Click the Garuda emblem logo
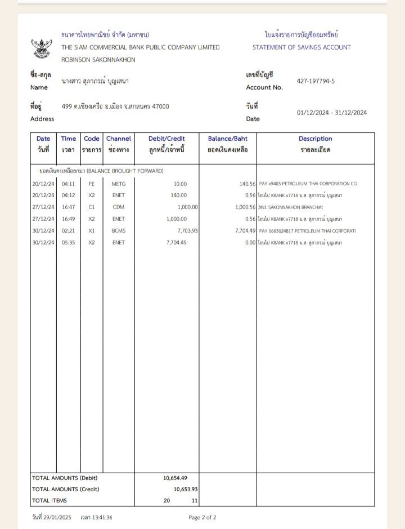coord(41,48)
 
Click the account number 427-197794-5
coord(316,81)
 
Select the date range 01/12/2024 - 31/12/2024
coord(332,113)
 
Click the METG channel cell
coord(119,184)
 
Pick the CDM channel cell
coord(119,207)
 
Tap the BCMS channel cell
coord(119,231)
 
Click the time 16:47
coord(69,207)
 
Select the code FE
coord(92,184)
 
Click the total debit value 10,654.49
coord(175,478)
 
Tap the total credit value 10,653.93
coord(186,489)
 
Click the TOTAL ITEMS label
coord(49,500)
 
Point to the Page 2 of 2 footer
coord(202,518)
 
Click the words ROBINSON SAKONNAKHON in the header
coord(98,60)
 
